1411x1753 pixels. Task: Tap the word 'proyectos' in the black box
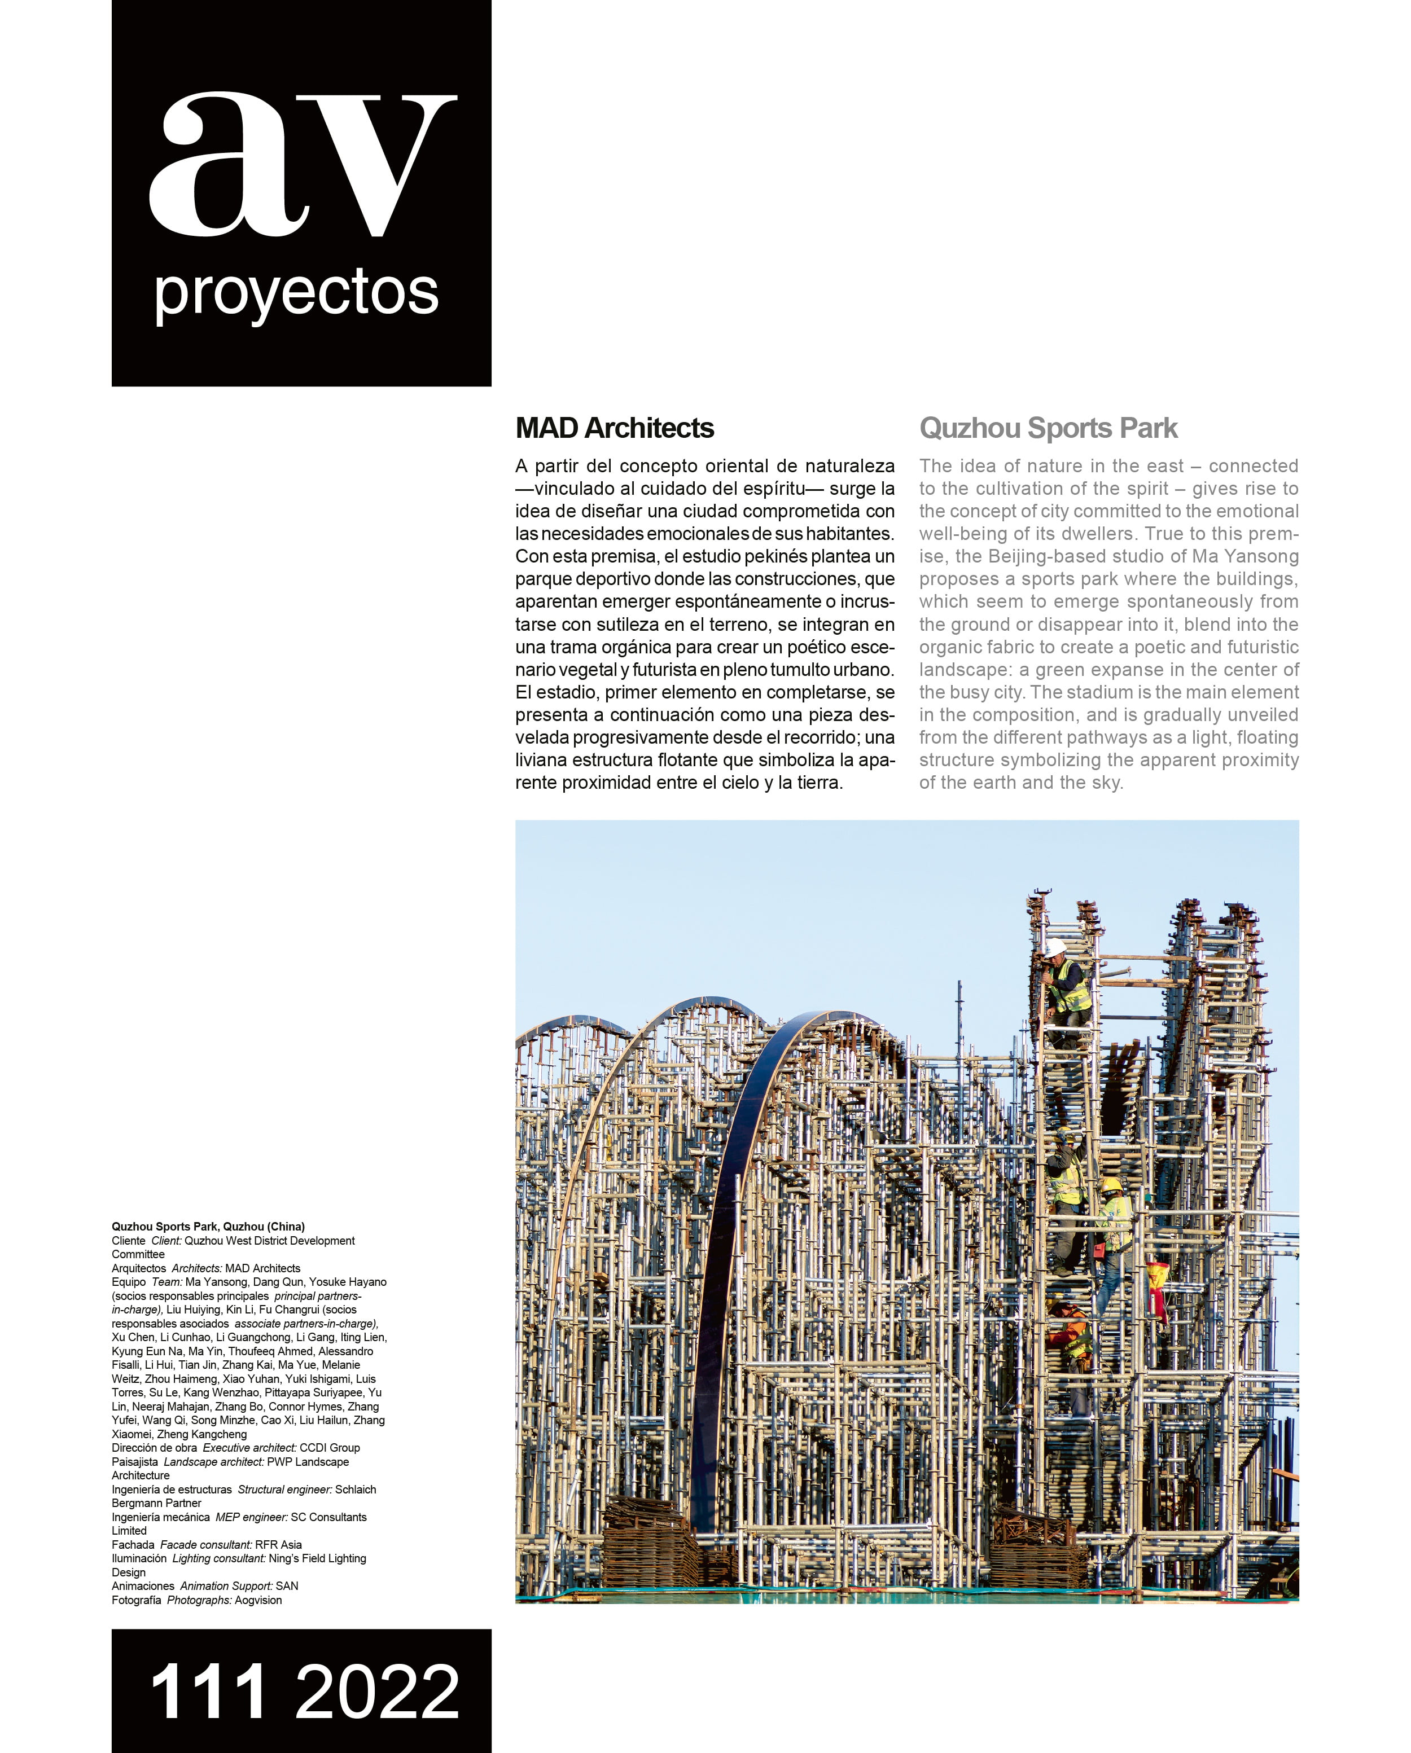click(x=296, y=293)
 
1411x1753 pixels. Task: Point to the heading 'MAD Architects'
click(x=614, y=428)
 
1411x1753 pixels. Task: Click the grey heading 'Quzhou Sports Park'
click(x=1048, y=428)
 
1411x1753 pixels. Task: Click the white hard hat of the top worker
click(x=1055, y=947)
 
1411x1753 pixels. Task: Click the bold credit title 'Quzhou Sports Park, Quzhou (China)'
click(x=208, y=1227)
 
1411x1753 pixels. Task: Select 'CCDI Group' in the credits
click(x=330, y=1448)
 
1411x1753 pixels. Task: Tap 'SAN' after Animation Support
click(x=287, y=1587)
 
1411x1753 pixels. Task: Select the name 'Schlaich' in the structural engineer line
click(x=356, y=1490)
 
